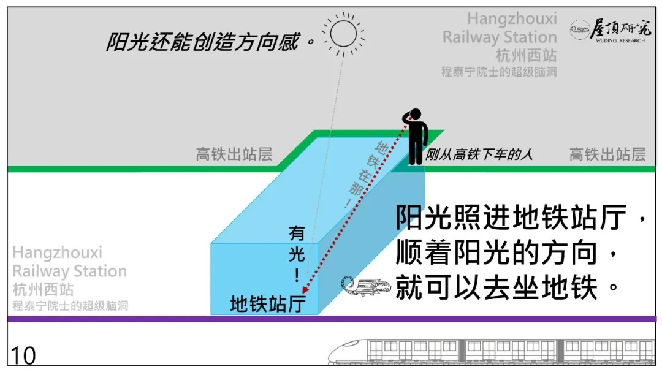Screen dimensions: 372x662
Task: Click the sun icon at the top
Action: (344, 33)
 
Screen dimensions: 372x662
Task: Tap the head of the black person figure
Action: (416, 115)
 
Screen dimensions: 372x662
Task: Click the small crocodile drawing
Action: (365, 286)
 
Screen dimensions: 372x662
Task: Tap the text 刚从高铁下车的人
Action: (479, 154)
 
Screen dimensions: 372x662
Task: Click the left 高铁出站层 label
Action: (234, 154)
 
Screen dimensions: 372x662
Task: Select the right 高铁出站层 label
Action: (607, 154)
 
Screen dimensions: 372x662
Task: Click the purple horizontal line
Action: (331, 319)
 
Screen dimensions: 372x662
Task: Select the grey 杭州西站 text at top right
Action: (526, 56)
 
